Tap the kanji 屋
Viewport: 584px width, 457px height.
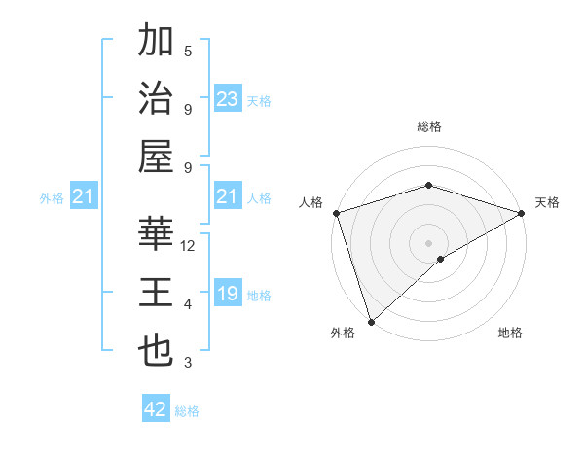[x=156, y=157]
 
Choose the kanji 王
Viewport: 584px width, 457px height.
[x=156, y=294]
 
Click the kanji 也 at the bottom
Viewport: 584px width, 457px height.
[x=156, y=351]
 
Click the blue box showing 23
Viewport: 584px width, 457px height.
[x=228, y=99]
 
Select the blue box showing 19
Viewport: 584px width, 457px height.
[x=228, y=295]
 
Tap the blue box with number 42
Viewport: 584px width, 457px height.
[x=156, y=409]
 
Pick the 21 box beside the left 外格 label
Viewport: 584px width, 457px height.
[x=84, y=197]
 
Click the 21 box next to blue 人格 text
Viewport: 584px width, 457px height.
[x=228, y=197]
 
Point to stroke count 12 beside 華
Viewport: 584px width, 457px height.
[x=189, y=247]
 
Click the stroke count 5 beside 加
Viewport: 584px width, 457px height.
[x=188, y=52]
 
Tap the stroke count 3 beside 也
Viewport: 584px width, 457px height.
[x=188, y=364]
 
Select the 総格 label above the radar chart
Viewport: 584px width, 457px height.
[x=429, y=126]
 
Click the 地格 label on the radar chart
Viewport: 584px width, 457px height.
[x=510, y=333]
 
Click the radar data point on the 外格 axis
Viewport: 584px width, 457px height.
[x=372, y=321]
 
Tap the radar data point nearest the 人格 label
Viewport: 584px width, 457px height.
[x=336, y=212]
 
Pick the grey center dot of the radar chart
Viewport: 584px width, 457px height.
[x=429, y=242]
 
